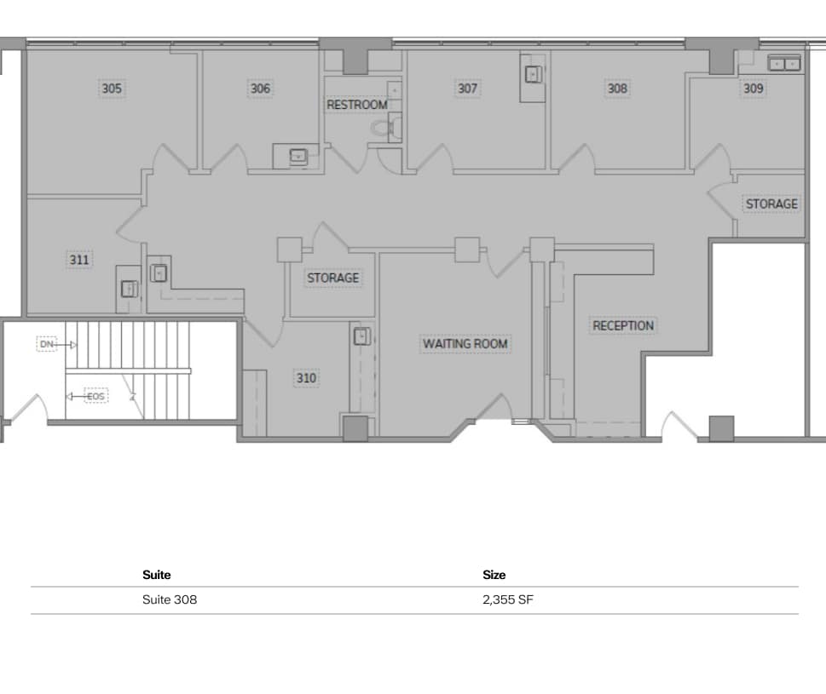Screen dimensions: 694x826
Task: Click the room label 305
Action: click(112, 89)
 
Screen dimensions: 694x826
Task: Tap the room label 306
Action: click(260, 89)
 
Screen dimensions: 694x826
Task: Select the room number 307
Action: click(468, 88)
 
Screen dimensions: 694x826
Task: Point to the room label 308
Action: click(617, 88)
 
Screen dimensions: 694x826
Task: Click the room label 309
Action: click(753, 88)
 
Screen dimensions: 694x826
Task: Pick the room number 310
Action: click(306, 378)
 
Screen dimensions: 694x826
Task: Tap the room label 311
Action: click(79, 260)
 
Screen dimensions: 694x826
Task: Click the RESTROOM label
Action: click(357, 105)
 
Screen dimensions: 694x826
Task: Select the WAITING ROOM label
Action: click(465, 344)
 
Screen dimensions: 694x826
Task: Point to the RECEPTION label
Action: click(623, 325)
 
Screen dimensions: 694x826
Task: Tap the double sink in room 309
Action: click(784, 63)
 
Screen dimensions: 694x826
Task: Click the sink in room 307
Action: click(533, 75)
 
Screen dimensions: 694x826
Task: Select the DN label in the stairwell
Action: click(47, 344)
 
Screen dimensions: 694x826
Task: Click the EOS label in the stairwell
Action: click(95, 396)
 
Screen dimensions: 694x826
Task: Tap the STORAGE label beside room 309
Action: click(771, 204)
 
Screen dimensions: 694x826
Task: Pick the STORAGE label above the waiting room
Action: click(332, 278)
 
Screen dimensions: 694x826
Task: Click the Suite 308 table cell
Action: click(170, 599)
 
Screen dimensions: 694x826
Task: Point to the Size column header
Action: click(494, 575)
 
